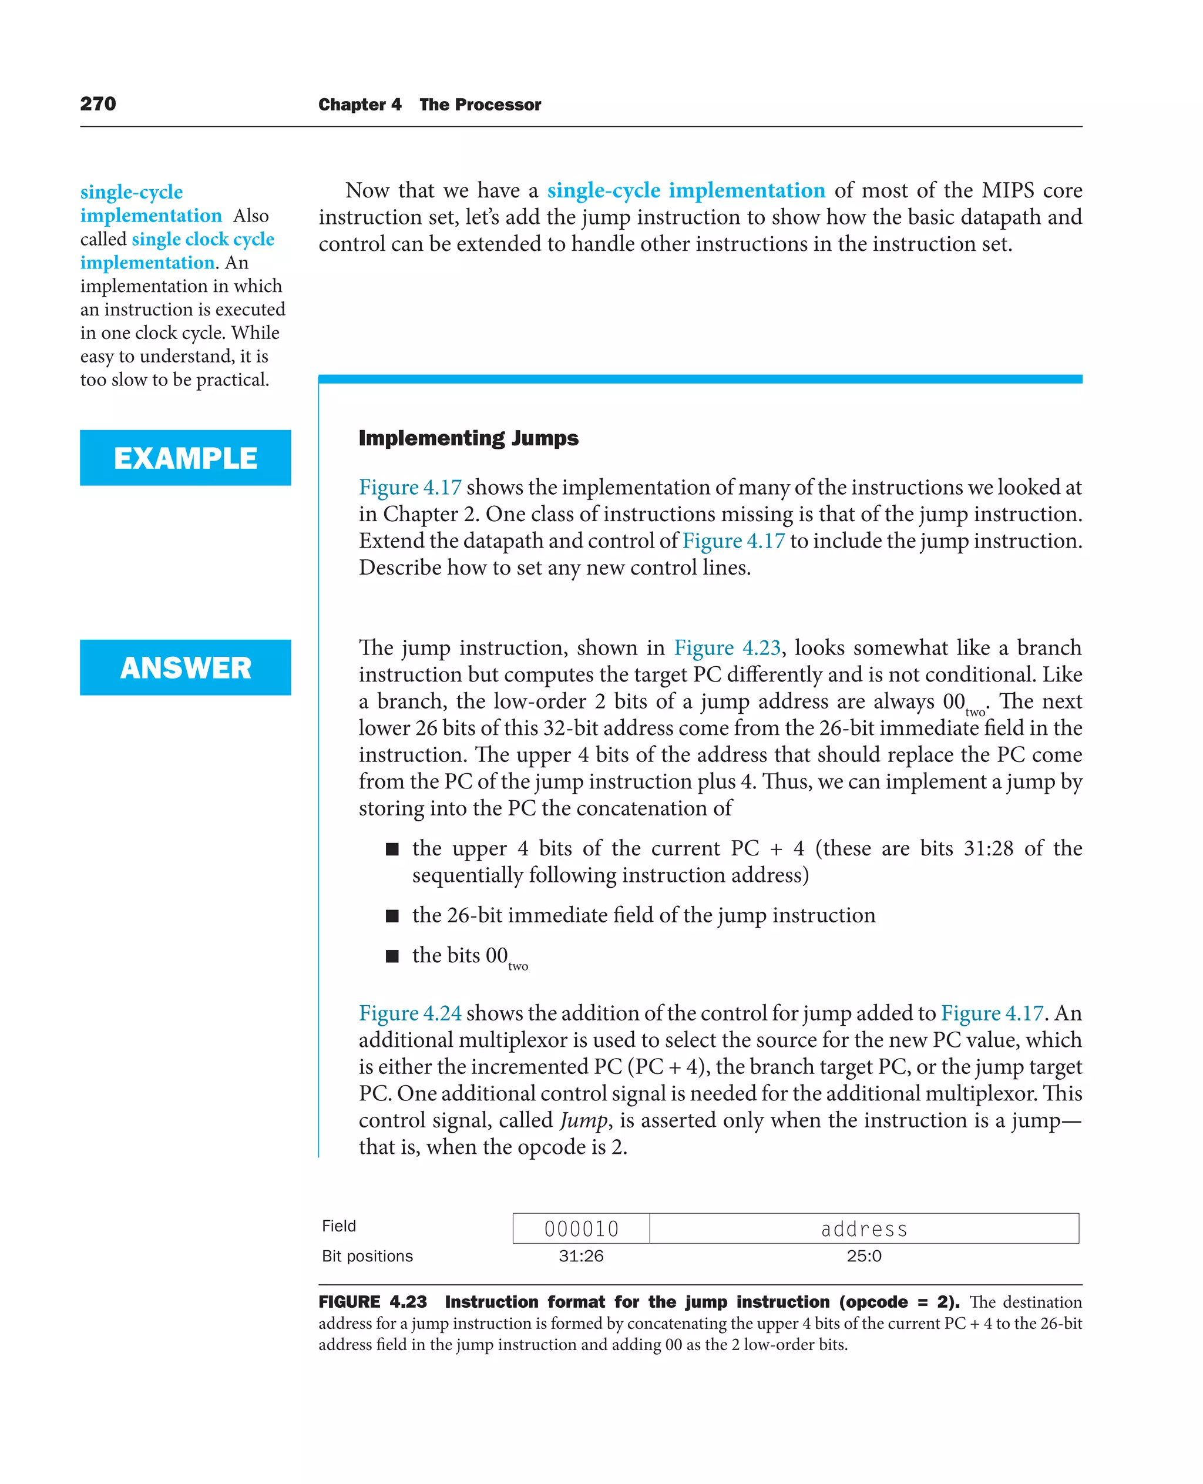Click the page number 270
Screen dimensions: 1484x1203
(98, 104)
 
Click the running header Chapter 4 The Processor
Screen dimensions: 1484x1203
(429, 105)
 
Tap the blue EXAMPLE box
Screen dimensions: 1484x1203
(185, 458)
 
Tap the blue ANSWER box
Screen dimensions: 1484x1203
(185, 667)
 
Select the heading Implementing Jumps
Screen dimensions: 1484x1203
(468, 438)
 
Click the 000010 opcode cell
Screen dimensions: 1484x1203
(581, 1228)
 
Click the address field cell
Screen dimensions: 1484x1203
(863, 1228)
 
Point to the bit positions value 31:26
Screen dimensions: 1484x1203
(581, 1256)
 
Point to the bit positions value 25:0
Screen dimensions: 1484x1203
(863, 1256)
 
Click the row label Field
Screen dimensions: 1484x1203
(339, 1226)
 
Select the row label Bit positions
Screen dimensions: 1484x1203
(367, 1256)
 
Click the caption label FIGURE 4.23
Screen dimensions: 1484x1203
(372, 1302)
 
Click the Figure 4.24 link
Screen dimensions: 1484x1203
(409, 1013)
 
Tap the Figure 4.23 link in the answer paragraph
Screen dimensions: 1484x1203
(727, 647)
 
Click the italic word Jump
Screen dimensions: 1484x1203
(583, 1120)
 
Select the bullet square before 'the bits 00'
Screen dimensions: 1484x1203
(392, 956)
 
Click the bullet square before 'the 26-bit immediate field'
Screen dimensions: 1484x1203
(392, 916)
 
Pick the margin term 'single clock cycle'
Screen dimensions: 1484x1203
(203, 239)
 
